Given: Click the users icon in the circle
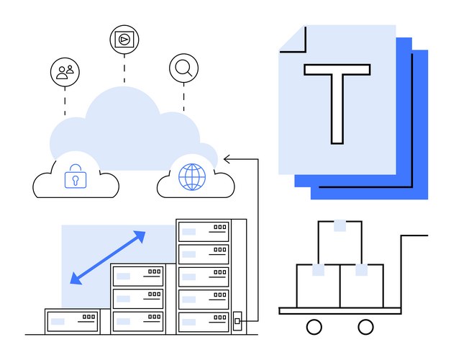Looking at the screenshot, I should [x=65, y=71].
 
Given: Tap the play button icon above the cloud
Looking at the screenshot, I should [x=124, y=39].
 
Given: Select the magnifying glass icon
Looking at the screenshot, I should [x=183, y=68].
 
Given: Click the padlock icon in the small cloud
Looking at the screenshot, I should [x=75, y=176].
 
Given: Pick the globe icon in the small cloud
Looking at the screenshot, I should [x=192, y=176].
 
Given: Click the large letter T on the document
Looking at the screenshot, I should [x=337, y=100].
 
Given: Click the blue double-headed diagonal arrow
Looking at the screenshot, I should [x=108, y=257].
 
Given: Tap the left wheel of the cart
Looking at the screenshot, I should [x=314, y=327].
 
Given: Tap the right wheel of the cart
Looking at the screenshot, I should [x=366, y=327].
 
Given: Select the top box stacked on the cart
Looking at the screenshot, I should [x=340, y=243].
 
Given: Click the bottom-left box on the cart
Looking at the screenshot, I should [x=319, y=286].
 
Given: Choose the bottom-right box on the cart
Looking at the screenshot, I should [x=362, y=286].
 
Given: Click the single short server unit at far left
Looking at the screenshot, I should [x=72, y=320].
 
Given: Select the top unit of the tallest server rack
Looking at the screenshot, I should [x=204, y=232].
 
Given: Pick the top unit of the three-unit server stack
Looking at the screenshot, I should [x=137, y=276].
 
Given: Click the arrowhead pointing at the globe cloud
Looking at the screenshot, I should [x=227, y=158].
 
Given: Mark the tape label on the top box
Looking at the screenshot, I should [x=340, y=227].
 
